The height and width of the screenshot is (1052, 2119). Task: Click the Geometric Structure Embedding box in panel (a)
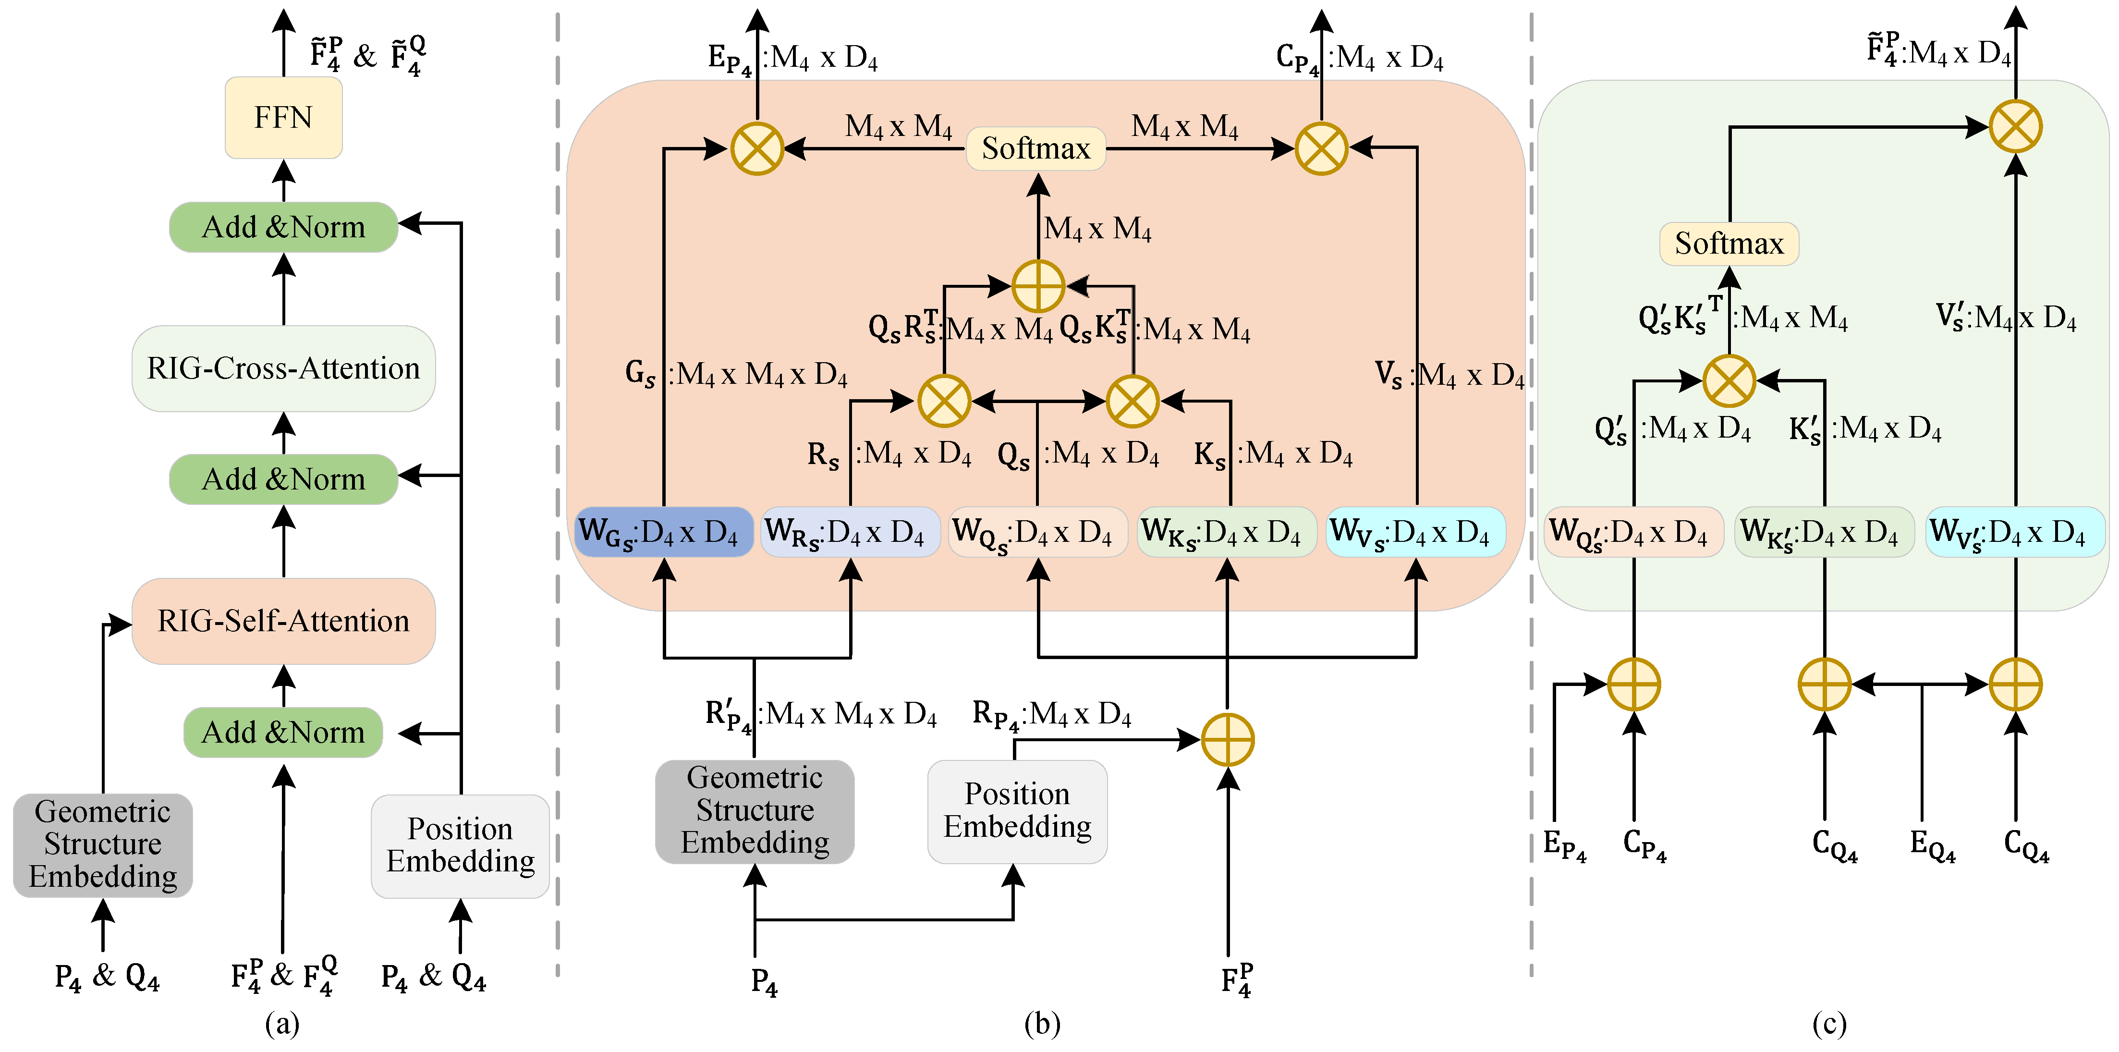(103, 845)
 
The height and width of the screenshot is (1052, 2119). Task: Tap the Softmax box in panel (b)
(1035, 149)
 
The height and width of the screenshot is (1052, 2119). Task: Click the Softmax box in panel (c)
(1729, 244)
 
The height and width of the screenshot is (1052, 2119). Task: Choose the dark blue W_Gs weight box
(663, 532)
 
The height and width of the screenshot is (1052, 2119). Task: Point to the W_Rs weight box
(850, 532)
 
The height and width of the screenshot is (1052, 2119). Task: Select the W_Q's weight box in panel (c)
(1633, 532)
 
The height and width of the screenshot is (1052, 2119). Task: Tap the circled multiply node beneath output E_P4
(757, 149)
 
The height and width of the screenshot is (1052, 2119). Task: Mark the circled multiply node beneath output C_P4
(1321, 149)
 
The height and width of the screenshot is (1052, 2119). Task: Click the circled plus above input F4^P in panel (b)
(1227, 739)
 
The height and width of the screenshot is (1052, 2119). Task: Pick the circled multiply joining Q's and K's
(1729, 381)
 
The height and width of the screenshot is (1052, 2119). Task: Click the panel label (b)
(1042, 1024)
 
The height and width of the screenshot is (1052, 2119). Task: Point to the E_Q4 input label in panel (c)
(1932, 845)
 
